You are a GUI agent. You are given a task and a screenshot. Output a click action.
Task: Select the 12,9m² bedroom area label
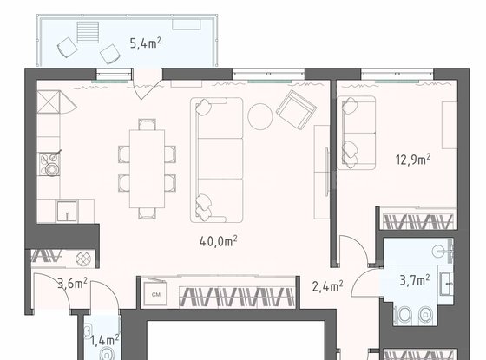[413, 158]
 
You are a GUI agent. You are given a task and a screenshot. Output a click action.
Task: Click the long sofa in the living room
[216, 156]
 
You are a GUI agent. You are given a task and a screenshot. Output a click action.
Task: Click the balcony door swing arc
[148, 90]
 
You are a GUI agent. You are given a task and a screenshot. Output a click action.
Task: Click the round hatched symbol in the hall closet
[83, 258]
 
